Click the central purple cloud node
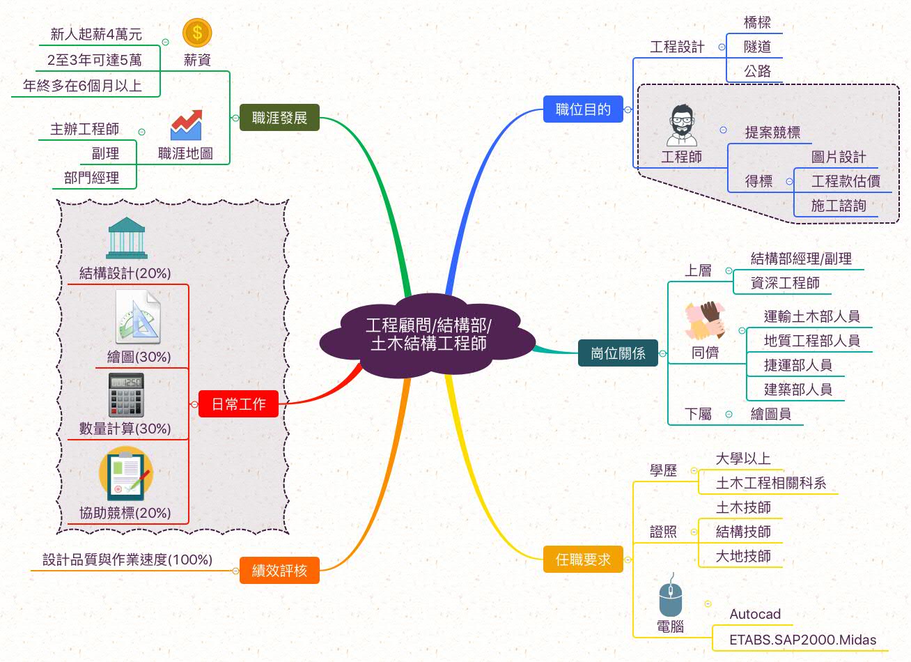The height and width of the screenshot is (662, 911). pyautogui.click(x=428, y=334)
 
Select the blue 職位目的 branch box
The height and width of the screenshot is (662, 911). pyautogui.click(x=583, y=109)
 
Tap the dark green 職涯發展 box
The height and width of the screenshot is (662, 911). pyautogui.click(x=279, y=118)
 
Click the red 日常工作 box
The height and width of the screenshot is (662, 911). pyautogui.click(x=238, y=404)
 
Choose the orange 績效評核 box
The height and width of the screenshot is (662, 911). pyautogui.click(x=279, y=570)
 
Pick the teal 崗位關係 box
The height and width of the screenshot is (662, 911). pyautogui.click(x=618, y=353)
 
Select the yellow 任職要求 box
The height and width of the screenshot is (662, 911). pyautogui.click(x=583, y=559)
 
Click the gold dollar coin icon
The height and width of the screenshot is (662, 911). pyautogui.click(x=197, y=33)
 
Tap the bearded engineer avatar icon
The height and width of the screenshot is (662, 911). pyautogui.click(x=682, y=126)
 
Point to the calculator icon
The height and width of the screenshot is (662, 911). pyautogui.click(x=126, y=394)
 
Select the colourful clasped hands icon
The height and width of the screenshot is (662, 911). pyautogui.click(x=705, y=321)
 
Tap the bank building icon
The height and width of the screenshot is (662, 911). pyautogui.click(x=126, y=238)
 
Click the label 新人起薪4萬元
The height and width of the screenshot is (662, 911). pyautogui.click(x=96, y=34)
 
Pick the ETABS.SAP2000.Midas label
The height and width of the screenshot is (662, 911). pyautogui.click(x=802, y=640)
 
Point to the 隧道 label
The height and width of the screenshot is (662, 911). pyautogui.click(x=757, y=47)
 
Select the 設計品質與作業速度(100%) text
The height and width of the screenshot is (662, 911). pyautogui.click(x=127, y=560)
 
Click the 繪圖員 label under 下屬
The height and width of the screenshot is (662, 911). pyautogui.click(x=770, y=414)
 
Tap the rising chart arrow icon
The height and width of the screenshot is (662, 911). pyautogui.click(x=186, y=125)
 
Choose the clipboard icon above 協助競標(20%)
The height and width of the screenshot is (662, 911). pyautogui.click(x=126, y=475)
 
